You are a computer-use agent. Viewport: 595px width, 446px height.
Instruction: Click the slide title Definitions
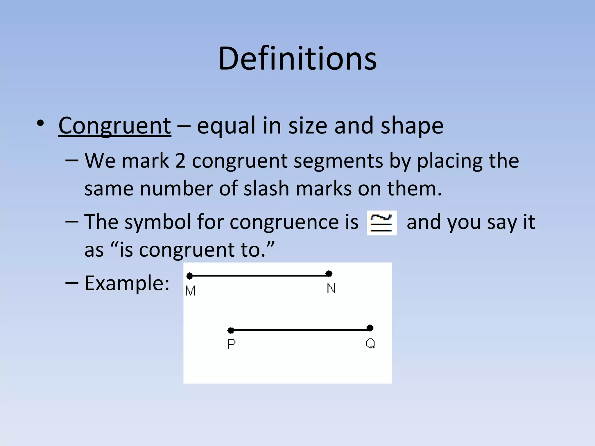297,59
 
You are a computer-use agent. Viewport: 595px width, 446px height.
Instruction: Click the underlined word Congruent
114,126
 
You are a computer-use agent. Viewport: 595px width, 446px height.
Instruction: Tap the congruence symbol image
381,223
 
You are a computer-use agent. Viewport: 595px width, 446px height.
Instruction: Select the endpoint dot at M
189,276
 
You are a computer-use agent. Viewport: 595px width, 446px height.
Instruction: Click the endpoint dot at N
329,274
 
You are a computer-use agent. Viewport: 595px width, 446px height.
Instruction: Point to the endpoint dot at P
231,330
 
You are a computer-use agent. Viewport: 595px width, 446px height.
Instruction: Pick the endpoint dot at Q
370,328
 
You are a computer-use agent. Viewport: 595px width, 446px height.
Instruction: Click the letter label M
190,291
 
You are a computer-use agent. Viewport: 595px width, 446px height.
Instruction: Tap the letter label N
331,289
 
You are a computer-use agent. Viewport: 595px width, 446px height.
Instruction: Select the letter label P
231,344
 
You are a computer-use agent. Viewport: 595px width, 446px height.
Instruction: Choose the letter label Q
370,344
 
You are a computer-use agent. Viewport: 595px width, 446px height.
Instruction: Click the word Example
127,283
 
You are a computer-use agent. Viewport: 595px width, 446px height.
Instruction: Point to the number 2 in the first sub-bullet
180,161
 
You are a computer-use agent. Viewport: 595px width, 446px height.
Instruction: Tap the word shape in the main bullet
412,126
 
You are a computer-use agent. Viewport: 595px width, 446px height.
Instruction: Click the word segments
338,161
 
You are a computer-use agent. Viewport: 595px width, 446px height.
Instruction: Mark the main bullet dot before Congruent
41,124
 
